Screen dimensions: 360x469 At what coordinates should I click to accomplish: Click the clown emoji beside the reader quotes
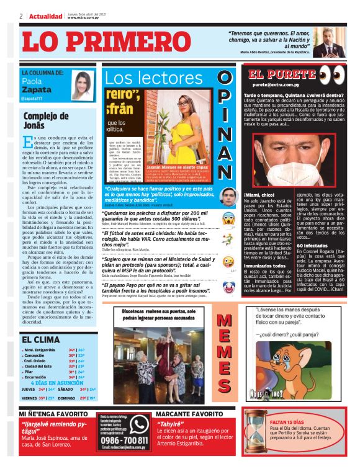(x=228, y=286)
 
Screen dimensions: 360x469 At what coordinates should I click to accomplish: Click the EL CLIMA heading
(x=42, y=339)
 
